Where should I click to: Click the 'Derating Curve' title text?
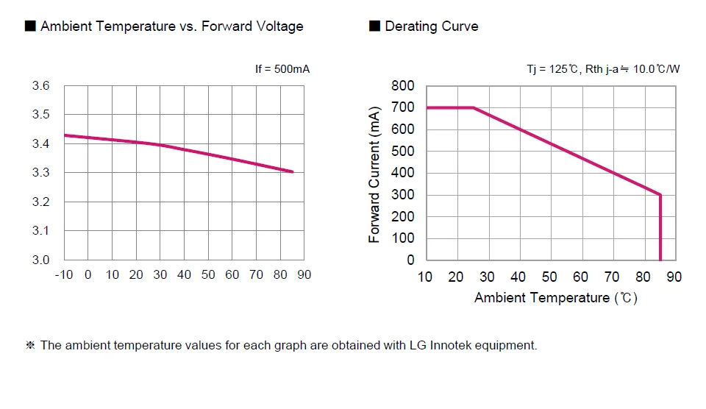431,26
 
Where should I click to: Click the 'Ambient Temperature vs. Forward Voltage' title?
171,26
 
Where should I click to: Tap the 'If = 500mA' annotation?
282,69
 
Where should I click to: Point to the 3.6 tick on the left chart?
41,86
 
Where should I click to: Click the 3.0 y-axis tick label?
41,260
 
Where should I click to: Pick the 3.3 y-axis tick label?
41,173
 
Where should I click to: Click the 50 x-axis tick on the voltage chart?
208,275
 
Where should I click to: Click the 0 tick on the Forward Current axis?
410,260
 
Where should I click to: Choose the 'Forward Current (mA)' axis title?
374,174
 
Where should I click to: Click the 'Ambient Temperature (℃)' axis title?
555,298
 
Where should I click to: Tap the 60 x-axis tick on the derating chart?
580,277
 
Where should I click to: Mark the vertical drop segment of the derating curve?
660,228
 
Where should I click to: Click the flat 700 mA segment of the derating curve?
449,108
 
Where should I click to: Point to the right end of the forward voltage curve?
293,172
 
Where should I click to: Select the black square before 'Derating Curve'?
374,26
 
